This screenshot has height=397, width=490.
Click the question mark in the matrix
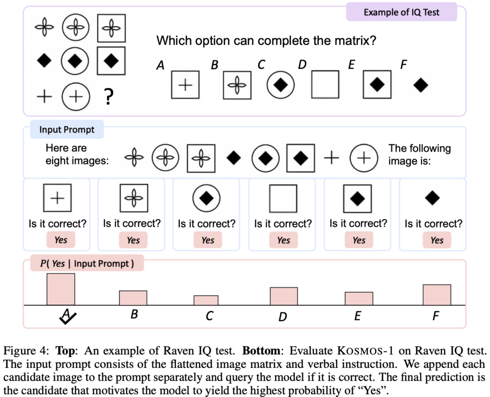pos(109,97)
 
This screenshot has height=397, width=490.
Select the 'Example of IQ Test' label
pos(401,12)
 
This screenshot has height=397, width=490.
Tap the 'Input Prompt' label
pos(67,130)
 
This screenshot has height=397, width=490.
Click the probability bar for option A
pos(61,289)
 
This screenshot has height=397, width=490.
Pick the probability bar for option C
pos(206,300)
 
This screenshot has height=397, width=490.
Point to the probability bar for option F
pos(437,295)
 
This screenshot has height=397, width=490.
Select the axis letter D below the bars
pos(283,316)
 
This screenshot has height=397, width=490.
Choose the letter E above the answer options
pos(352,65)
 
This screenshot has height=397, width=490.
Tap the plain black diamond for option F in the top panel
pos(421,86)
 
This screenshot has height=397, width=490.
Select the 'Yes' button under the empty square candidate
pos(283,240)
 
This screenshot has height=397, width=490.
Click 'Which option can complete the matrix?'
pos(267,41)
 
